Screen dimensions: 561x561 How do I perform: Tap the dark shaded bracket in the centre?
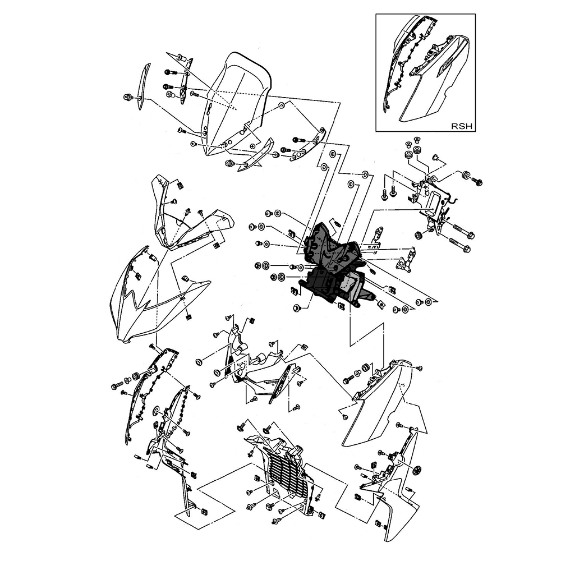(331, 264)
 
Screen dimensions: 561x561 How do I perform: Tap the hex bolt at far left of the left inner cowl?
(115, 386)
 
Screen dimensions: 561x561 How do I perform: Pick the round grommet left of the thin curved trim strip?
(128, 98)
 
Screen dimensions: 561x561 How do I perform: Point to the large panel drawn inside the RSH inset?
(435, 84)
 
